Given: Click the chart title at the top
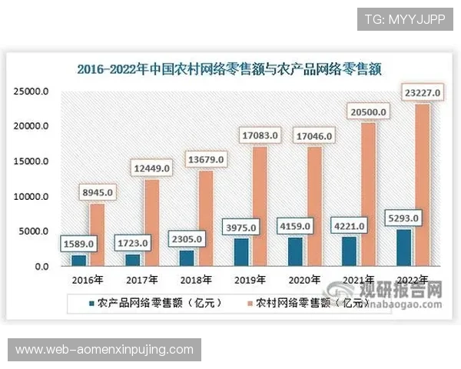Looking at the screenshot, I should [230, 68].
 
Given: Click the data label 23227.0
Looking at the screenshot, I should [421, 93].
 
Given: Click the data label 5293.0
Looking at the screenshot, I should [403, 218].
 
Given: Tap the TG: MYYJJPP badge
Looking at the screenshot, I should [405, 18].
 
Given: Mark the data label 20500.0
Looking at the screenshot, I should [367, 112].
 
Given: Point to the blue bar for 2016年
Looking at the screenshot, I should [77, 261].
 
